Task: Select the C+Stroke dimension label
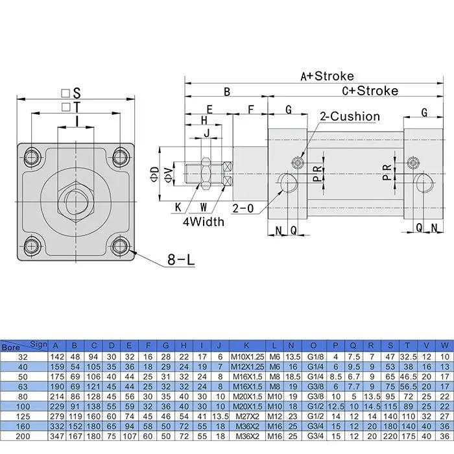pos(370,91)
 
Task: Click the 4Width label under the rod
pos(203,222)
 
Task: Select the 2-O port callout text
pos(243,209)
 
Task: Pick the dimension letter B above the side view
pos(227,92)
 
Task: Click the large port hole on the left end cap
pos(289,183)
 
